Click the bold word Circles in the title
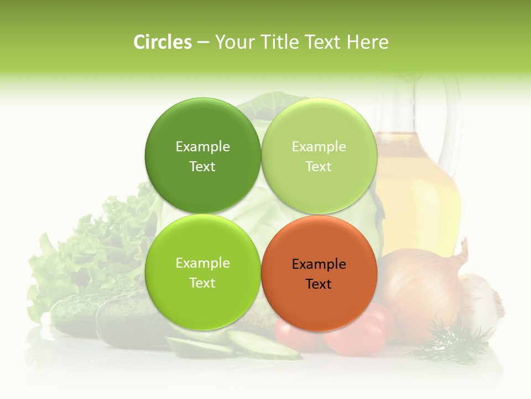162,42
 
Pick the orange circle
319,299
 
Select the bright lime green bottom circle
202,299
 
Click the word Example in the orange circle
319,264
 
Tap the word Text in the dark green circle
202,167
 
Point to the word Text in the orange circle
319,284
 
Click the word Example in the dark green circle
202,147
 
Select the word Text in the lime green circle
202,283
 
